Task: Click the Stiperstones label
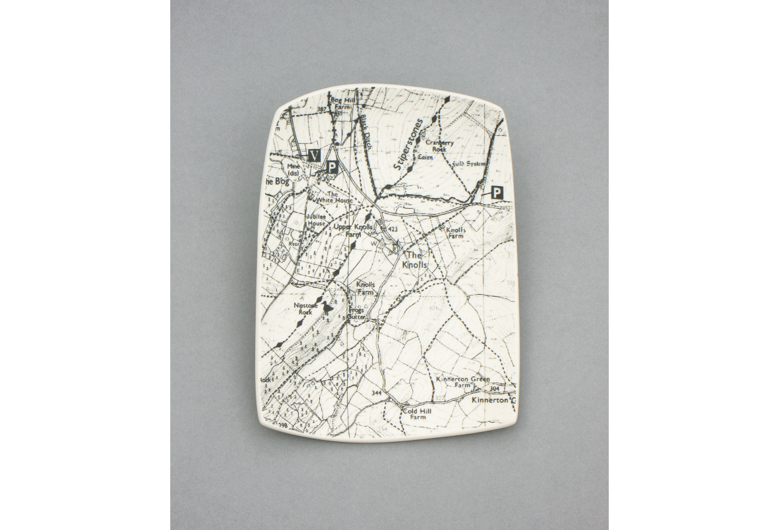tap(408, 144)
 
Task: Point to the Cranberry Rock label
tap(439, 146)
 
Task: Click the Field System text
tap(470, 163)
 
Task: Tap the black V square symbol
tap(315, 154)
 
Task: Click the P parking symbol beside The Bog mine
tap(331, 168)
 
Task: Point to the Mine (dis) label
tap(294, 170)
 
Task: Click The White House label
tap(333, 197)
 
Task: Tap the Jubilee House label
tap(316, 220)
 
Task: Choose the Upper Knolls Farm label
tap(353, 230)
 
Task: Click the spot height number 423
tap(393, 229)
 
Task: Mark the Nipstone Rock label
tap(305, 308)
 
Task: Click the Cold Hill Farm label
tap(417, 414)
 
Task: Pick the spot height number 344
tap(377, 394)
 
